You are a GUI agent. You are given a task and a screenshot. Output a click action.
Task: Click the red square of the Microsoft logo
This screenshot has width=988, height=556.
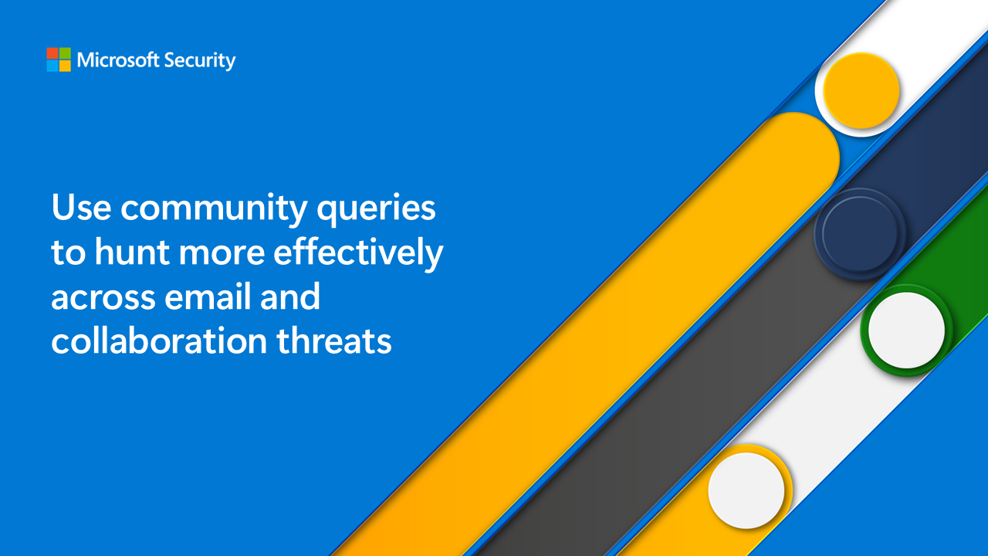(52, 53)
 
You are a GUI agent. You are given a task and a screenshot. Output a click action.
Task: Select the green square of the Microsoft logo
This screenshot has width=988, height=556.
(65, 53)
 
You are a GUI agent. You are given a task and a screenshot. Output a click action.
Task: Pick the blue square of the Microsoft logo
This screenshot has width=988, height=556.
(52, 66)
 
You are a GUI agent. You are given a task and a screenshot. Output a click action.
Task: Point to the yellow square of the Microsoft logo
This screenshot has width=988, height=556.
(65, 66)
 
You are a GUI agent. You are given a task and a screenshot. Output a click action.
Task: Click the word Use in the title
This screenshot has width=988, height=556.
(80, 208)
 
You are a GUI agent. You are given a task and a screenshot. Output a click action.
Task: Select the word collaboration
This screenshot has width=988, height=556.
(159, 341)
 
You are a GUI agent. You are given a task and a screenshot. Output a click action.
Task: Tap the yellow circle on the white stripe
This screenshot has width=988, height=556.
(861, 91)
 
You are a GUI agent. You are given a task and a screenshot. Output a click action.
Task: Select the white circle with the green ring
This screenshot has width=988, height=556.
(906, 330)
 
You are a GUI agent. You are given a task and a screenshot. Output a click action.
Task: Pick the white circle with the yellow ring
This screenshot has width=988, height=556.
(746, 490)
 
